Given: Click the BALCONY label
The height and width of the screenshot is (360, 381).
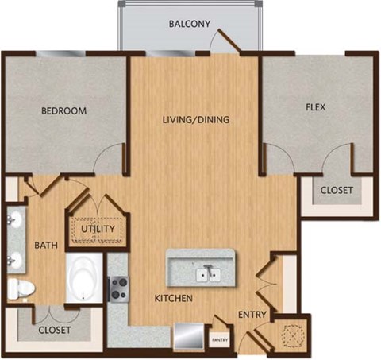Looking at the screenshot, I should point(190,24).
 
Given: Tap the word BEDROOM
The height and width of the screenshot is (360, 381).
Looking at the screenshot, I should point(63,110).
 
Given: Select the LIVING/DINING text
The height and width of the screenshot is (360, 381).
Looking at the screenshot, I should point(195,121).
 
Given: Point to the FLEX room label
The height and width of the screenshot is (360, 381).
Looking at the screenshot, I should point(315,106).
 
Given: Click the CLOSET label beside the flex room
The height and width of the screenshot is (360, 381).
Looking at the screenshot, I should point(337,191).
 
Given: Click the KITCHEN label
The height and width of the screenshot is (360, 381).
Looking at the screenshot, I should point(174,299).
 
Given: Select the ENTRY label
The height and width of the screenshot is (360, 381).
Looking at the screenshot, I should point(252,315).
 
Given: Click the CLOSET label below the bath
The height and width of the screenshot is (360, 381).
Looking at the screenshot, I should point(54,329).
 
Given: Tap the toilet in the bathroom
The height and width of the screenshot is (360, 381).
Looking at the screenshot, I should point(21,288).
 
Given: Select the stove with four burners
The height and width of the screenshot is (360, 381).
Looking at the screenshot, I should point(118,288).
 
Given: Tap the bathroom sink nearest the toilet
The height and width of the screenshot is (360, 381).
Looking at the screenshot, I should point(14,259).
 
